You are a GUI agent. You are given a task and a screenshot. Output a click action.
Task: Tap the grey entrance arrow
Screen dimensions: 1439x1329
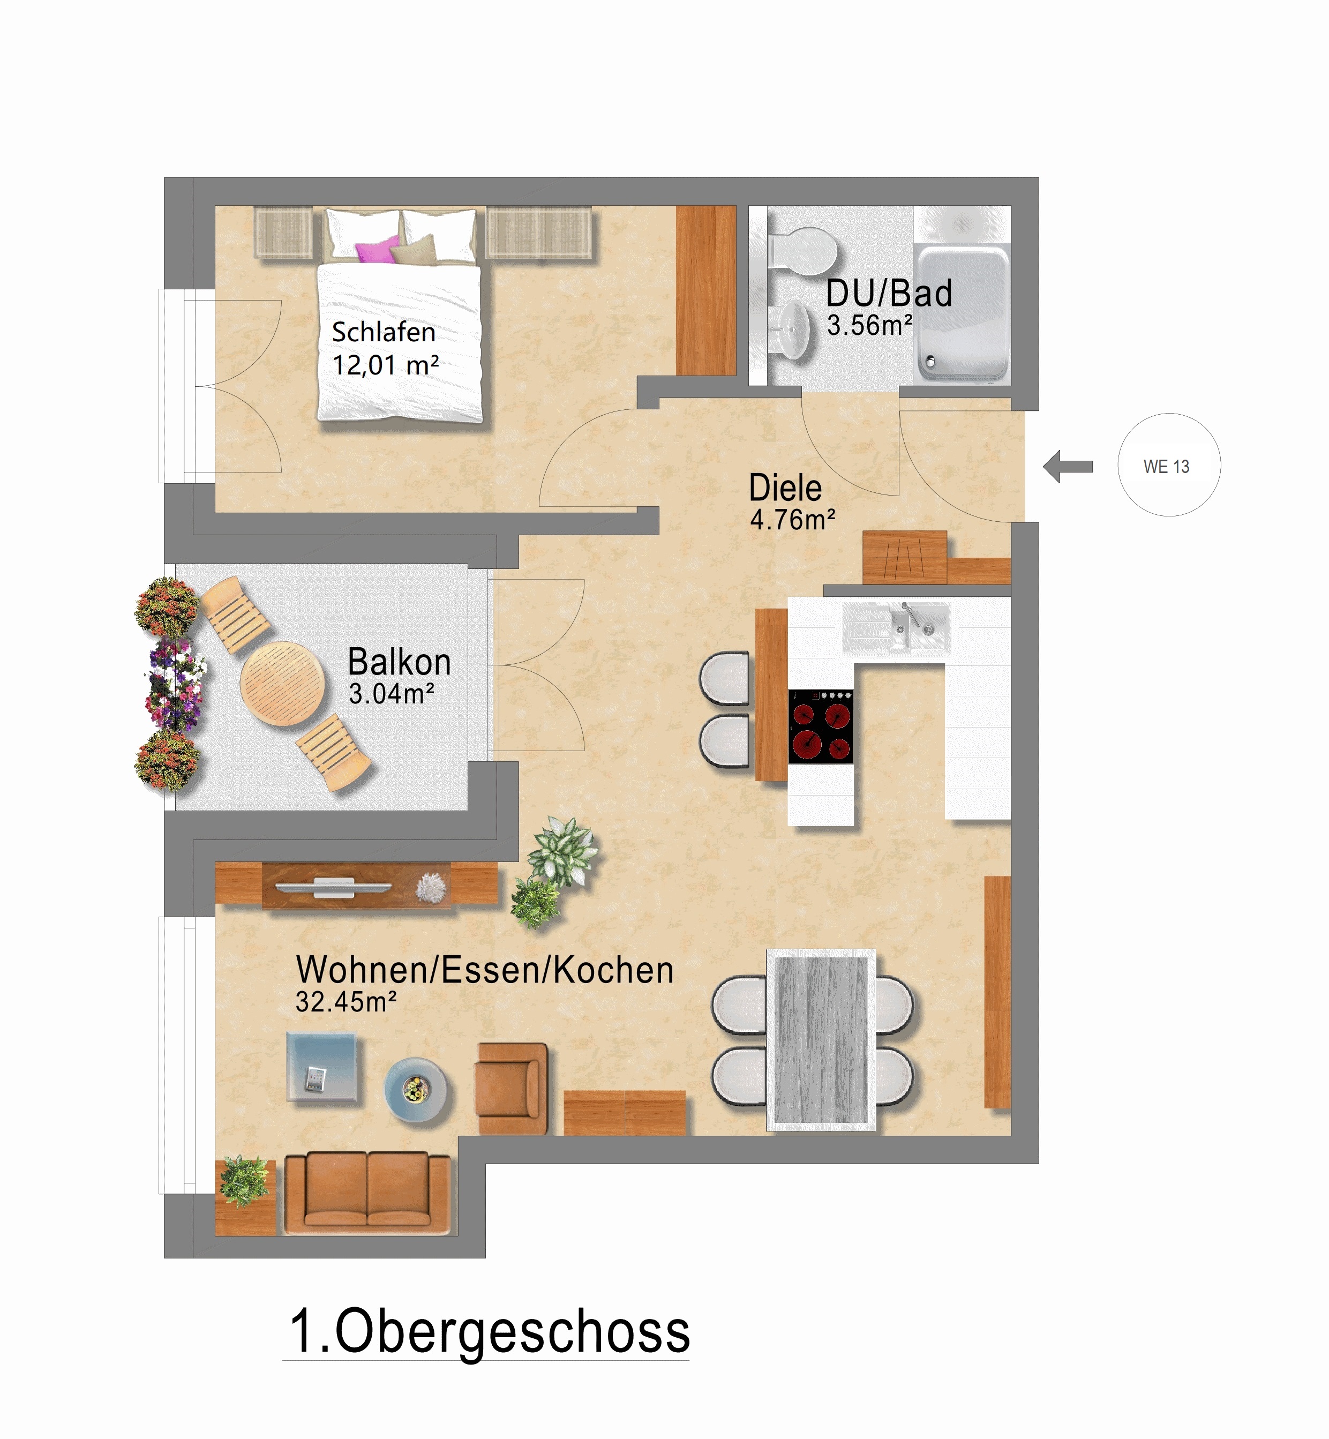(1068, 466)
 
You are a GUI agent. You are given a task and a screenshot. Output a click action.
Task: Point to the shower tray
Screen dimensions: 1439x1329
(961, 311)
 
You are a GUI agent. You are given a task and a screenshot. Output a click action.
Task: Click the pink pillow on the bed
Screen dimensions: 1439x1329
(376, 251)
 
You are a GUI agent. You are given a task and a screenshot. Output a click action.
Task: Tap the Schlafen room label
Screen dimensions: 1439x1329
(384, 332)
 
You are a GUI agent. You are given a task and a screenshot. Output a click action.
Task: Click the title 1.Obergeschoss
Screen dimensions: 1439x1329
(489, 1332)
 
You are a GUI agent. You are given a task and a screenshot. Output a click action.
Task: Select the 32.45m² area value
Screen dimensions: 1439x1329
(346, 1002)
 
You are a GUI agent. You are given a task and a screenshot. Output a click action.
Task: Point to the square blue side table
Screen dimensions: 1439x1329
(321, 1067)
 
